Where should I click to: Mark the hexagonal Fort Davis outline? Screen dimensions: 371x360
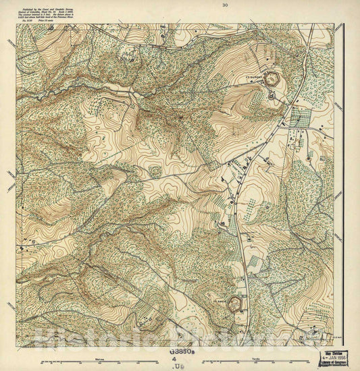(x=236, y=304)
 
